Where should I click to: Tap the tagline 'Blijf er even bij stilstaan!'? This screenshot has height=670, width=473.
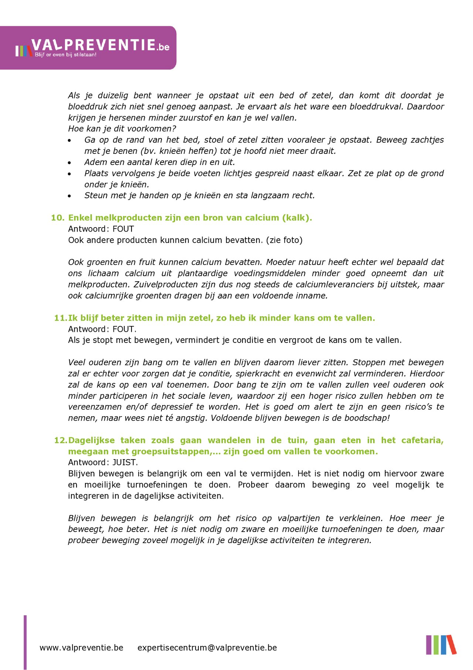66,55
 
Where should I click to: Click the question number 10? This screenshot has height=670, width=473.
58,218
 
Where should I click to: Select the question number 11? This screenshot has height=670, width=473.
61,318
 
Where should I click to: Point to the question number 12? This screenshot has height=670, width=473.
61,440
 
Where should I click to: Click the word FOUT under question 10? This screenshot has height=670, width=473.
123,229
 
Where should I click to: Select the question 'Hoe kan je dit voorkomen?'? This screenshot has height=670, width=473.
122,129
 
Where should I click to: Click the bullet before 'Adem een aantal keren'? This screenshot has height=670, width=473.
69,163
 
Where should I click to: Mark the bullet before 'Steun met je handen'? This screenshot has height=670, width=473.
69,196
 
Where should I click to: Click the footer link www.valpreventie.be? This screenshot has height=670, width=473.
81,648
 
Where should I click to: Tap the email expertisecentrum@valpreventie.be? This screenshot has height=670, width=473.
207,648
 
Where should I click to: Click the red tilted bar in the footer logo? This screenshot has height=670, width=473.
451,644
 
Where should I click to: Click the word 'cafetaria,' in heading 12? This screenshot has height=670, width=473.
422,440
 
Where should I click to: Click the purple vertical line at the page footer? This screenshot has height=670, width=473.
25,642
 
